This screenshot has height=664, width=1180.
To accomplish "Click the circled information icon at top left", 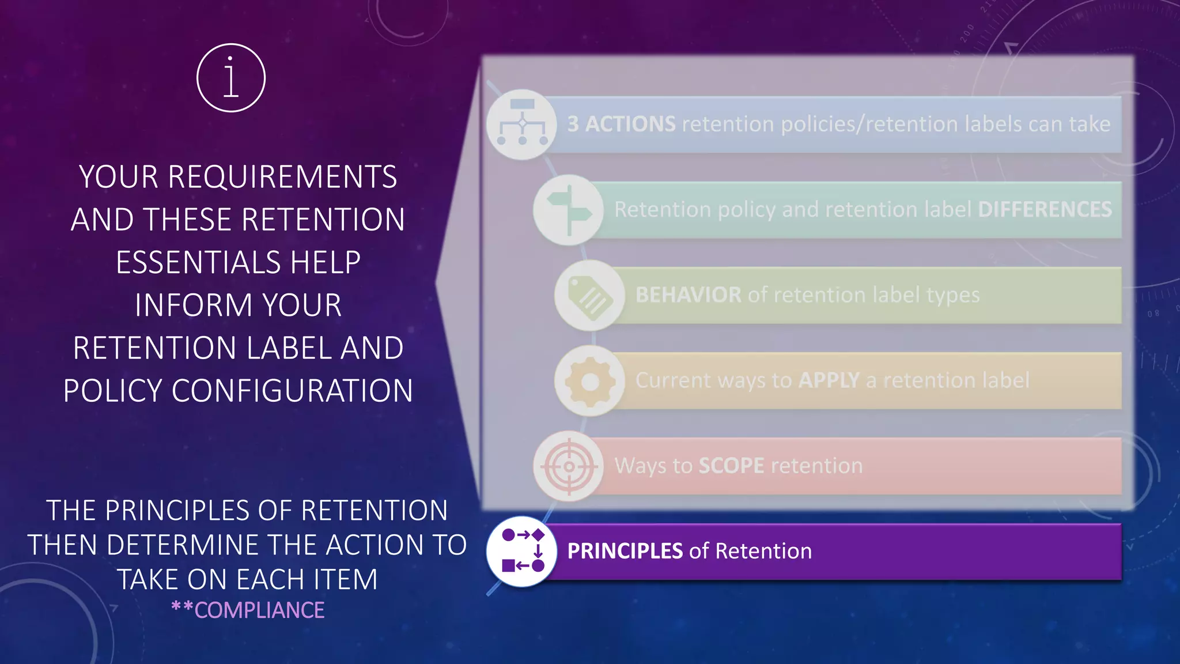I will (x=230, y=78).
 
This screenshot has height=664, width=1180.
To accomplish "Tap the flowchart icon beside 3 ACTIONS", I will (x=521, y=124).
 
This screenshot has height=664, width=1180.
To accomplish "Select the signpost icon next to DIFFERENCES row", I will (x=568, y=210).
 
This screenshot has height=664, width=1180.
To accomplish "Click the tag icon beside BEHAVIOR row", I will (x=589, y=295).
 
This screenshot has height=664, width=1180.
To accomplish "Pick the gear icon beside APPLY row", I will (x=589, y=381).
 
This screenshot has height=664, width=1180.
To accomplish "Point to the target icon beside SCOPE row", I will (x=569, y=466).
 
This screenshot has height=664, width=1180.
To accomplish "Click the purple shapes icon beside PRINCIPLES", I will (x=521, y=551).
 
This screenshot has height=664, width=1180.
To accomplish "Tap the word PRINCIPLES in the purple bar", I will (x=625, y=551).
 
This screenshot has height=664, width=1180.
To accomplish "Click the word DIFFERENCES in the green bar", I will (x=1045, y=209).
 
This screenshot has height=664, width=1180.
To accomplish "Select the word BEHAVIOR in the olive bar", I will (x=688, y=295).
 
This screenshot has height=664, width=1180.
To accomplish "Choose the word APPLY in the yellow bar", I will (x=829, y=380).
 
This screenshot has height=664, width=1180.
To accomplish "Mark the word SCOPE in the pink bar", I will (x=731, y=466).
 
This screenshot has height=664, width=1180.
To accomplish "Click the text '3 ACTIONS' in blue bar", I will (x=621, y=124).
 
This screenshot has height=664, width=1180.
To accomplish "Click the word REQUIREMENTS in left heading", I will (x=282, y=177).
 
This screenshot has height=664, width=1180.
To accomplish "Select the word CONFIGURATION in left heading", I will (x=292, y=391).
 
